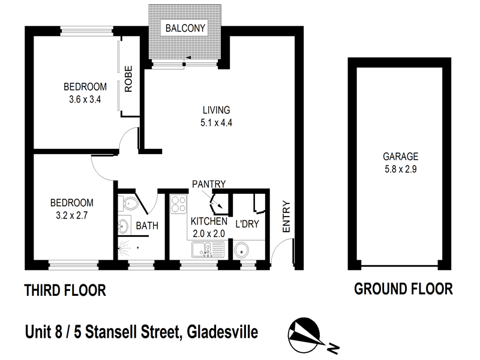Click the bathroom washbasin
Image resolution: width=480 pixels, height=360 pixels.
(124, 227)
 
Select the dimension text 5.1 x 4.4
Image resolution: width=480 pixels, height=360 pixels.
(217, 124)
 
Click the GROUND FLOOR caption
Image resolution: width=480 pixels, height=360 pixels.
(403, 289)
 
